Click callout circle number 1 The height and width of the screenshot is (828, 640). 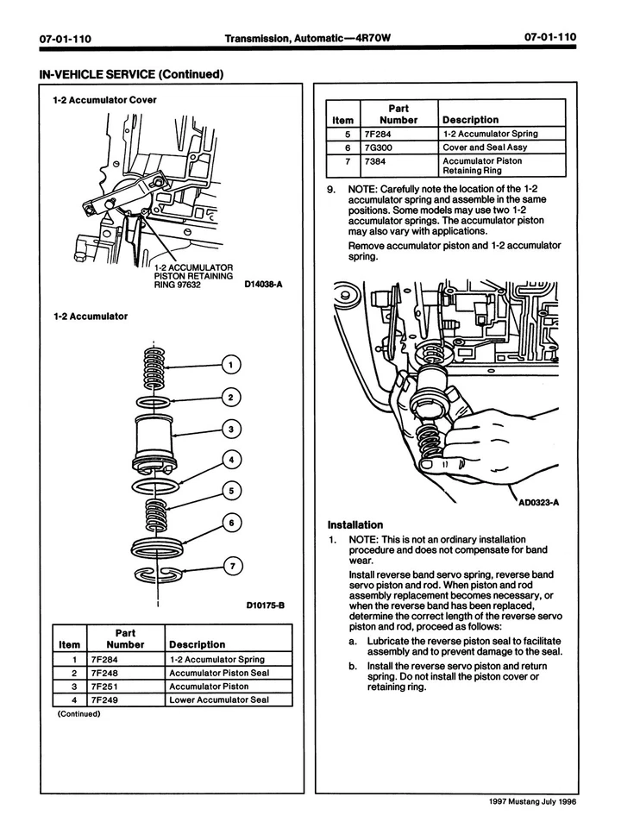coord(230,365)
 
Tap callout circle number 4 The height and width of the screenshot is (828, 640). coord(230,459)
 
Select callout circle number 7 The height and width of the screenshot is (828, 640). coord(230,567)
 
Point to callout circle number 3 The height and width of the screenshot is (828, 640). coord(230,429)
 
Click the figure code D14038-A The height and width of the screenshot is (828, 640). coord(264,283)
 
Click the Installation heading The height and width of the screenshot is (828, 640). coord(355,524)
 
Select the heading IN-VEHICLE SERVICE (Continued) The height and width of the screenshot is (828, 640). coord(131,74)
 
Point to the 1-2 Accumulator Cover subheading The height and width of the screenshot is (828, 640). coord(105,100)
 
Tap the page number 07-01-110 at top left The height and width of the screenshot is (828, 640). coord(66,38)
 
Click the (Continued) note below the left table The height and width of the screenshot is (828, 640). coord(79,713)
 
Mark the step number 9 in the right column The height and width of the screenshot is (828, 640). coord(330,188)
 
